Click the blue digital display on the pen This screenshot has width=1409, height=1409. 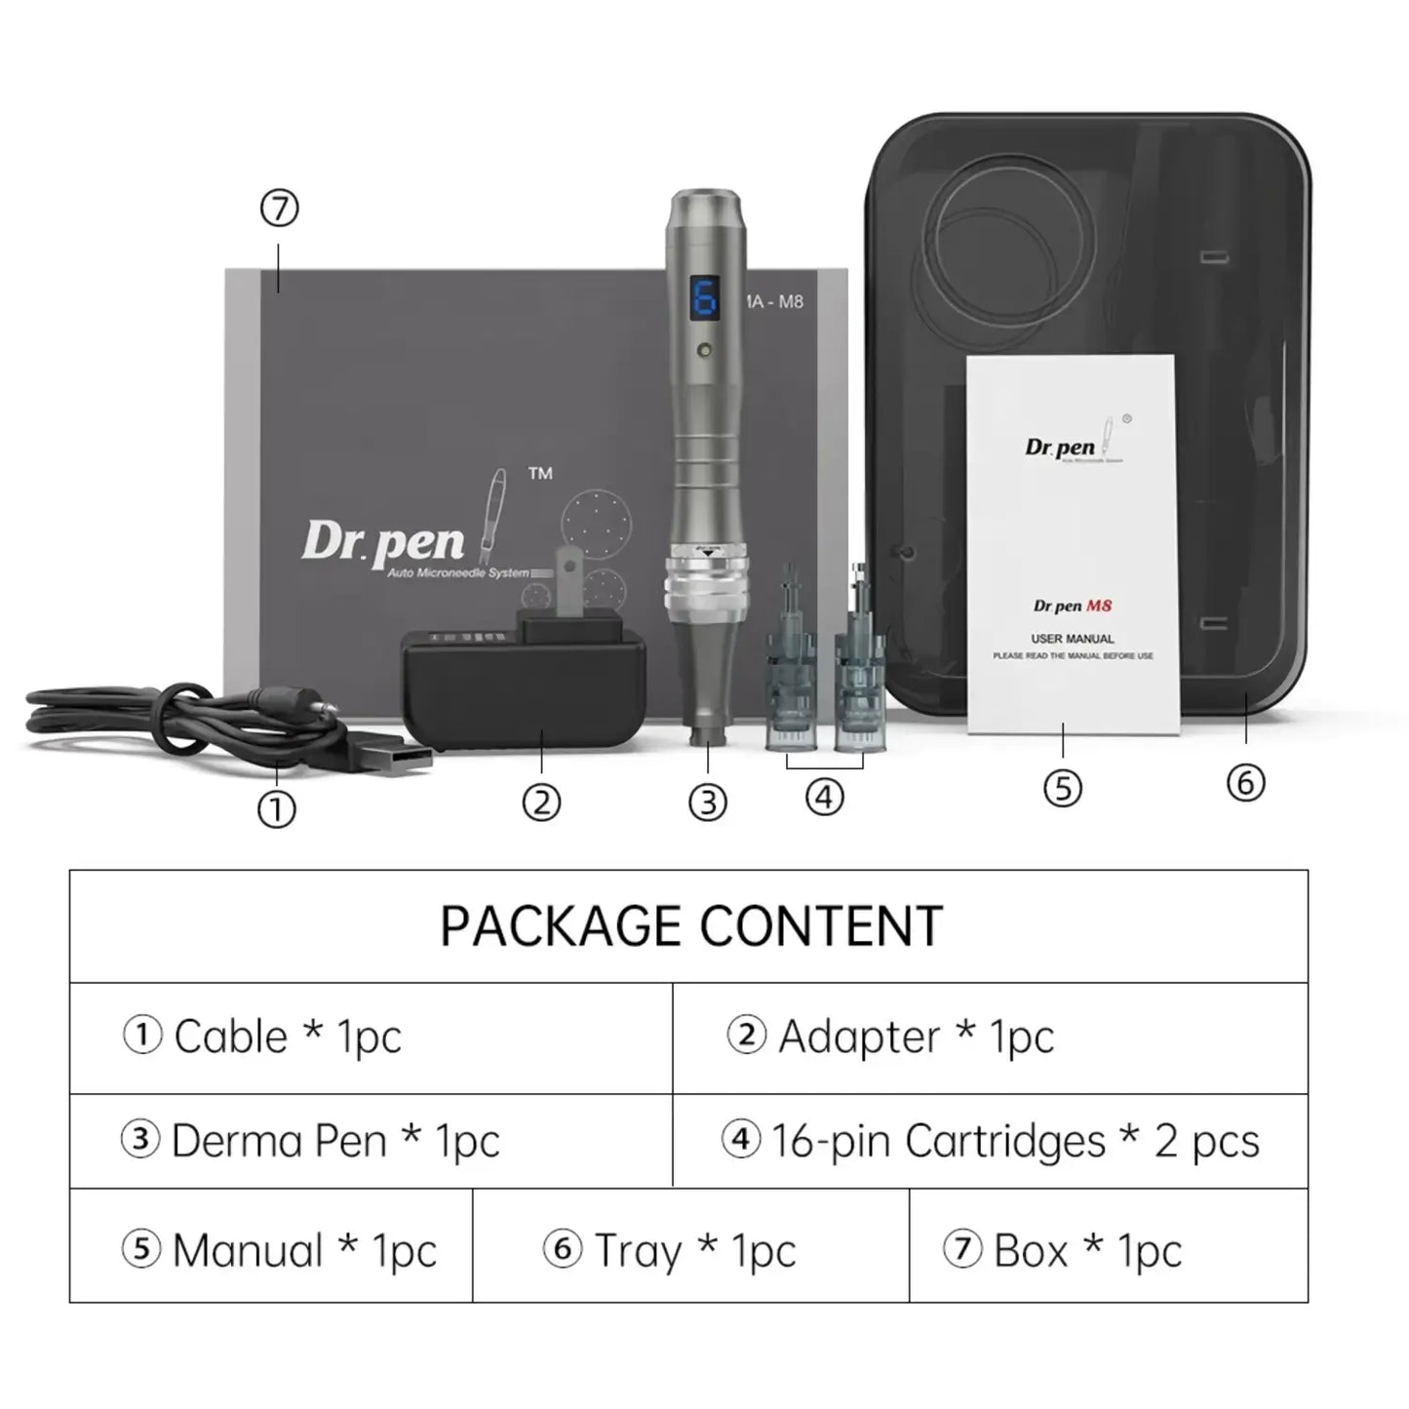click(x=704, y=298)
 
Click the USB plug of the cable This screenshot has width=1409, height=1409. click(x=400, y=758)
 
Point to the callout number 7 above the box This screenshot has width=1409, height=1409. click(x=280, y=209)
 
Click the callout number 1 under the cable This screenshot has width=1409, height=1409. click(x=276, y=809)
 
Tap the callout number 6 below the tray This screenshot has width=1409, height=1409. click(x=1245, y=782)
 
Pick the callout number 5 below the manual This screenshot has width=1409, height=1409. click(x=1063, y=788)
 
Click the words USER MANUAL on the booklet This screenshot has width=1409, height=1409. click(x=1073, y=639)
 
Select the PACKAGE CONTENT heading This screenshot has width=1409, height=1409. click(x=690, y=926)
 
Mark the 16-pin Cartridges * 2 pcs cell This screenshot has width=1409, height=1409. click(x=990, y=1141)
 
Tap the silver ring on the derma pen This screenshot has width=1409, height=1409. click(x=706, y=590)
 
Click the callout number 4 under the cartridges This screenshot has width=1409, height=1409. click(x=825, y=798)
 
